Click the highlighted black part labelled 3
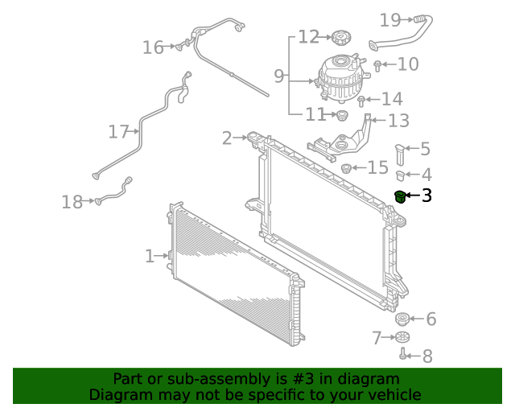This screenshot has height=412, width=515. click(399, 196)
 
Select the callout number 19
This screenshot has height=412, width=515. click(390, 19)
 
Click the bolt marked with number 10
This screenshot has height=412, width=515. click(377, 64)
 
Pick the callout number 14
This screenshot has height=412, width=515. click(392, 99)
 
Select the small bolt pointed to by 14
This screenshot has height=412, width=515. click(362, 101)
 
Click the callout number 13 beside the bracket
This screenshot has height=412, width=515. click(398, 121)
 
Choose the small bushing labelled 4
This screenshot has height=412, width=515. click(401, 174)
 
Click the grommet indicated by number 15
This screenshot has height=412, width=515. click(347, 168)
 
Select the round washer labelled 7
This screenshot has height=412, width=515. click(404, 337)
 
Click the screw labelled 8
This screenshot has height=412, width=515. click(402, 354)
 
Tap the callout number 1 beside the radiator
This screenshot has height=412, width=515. click(149, 256)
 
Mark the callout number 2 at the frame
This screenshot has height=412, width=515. click(227, 138)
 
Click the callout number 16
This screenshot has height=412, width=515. click(153, 48)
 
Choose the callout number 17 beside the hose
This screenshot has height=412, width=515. click(119, 131)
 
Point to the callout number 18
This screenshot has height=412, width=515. click(72, 202)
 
